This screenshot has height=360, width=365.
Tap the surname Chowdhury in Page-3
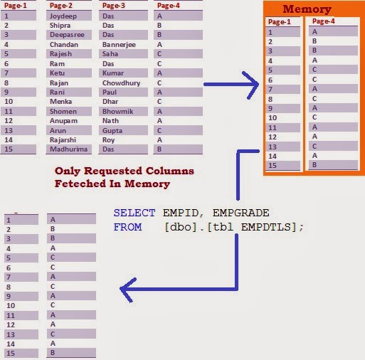[x=121, y=83]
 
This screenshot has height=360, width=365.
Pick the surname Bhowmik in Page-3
[x=117, y=111]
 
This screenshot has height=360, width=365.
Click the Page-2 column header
[x=60, y=5]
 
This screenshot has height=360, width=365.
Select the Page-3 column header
[x=114, y=5]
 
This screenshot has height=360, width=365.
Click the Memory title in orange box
[x=307, y=9]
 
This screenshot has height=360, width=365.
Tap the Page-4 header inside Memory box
[x=324, y=21]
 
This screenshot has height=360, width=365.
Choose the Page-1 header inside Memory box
[x=279, y=21]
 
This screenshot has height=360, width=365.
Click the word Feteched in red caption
[x=83, y=183]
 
